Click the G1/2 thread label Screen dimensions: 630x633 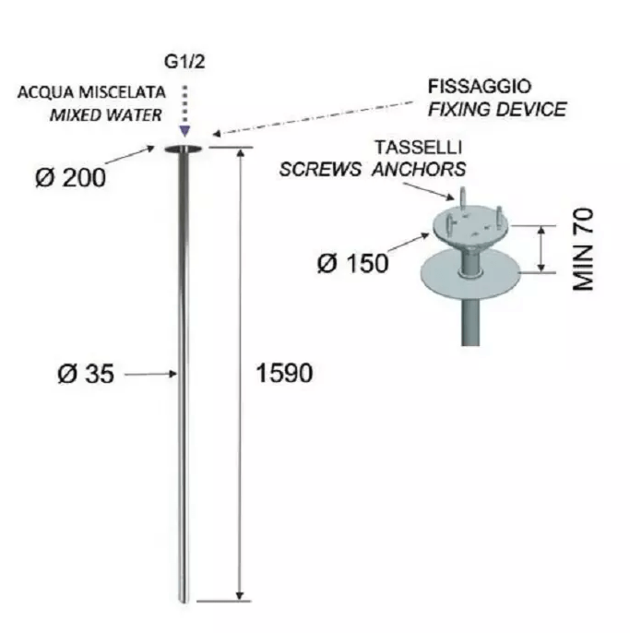tap(184, 62)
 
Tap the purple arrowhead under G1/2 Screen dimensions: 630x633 tap(184, 131)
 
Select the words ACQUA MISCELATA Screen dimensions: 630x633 tap(91, 92)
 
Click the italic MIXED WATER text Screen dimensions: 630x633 tap(106, 115)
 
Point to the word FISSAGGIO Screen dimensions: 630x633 tap(480, 87)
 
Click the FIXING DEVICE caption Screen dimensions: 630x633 tap(497, 110)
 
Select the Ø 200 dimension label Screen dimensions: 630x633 tap(71, 177)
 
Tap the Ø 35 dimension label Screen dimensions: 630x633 tap(86, 374)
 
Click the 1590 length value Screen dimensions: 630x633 tap(284, 373)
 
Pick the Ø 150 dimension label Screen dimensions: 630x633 tap(353, 264)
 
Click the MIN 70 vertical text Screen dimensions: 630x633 tap(583, 249)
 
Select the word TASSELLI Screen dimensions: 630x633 tap(419, 148)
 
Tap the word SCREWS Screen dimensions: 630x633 tap(320, 169)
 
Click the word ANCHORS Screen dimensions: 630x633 tap(419, 169)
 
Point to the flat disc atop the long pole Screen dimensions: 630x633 tap(184, 149)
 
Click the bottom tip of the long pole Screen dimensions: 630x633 tap(184, 603)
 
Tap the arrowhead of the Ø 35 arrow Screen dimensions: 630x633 tap(173, 374)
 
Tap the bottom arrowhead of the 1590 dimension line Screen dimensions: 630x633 tap(240, 596)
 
